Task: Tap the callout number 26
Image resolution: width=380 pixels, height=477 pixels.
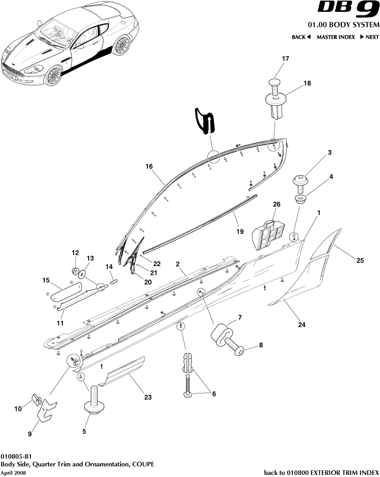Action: (276, 205)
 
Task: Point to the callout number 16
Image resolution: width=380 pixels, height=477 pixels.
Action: (149, 167)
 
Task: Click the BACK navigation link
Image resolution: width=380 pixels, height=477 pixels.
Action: (301, 37)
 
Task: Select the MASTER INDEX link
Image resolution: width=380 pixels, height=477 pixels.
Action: (335, 37)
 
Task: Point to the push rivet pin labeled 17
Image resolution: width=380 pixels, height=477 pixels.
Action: (275, 83)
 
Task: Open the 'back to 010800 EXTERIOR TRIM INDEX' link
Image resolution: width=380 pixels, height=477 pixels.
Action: (322, 472)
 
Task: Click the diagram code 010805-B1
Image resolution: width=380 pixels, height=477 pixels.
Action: (16, 456)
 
